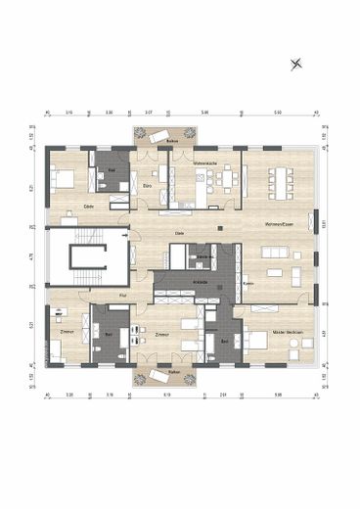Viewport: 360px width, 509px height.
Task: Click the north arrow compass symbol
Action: click(297, 65)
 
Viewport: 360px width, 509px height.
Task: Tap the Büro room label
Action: click(146, 185)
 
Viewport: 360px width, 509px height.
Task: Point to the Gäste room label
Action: click(88, 208)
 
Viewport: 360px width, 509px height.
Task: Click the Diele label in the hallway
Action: click(179, 233)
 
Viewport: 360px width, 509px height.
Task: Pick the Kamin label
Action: click(249, 285)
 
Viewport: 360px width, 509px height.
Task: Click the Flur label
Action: click(122, 295)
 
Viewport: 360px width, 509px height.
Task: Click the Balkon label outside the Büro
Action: click(171, 143)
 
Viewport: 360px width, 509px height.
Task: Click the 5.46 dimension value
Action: click(205, 114)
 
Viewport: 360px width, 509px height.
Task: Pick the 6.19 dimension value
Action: click(167, 394)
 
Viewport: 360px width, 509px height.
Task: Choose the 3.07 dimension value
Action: click(148, 114)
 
